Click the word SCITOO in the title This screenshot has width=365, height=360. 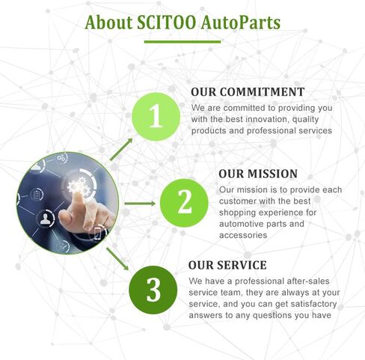click(167, 22)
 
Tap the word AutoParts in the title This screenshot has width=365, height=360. click(241, 23)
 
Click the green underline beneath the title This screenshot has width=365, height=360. click(182, 42)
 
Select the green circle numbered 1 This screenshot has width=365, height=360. click(156, 117)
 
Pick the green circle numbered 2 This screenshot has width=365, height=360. click(184, 203)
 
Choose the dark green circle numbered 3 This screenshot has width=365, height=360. click(153, 290)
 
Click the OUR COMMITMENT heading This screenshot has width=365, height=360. click(248, 92)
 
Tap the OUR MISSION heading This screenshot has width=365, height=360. click(258, 174)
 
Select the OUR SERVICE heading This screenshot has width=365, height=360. click(227, 265)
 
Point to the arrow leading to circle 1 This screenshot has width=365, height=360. click(121, 149)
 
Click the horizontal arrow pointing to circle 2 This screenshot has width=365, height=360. click(140, 204)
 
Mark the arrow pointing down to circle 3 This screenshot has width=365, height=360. click(117, 259)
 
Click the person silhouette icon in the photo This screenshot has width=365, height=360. click(46, 219)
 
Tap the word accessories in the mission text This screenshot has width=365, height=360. click(243, 235)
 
